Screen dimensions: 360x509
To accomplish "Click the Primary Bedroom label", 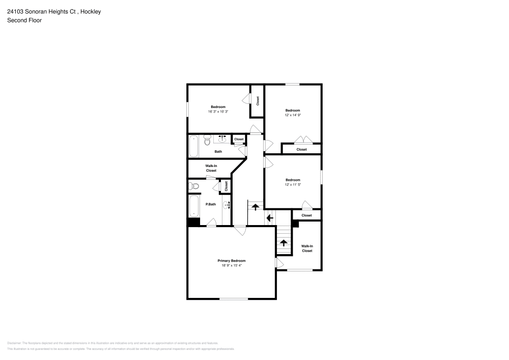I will (232, 261).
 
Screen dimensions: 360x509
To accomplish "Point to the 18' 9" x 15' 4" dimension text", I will (232, 265).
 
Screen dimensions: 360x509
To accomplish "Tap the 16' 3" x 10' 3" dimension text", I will (218, 112).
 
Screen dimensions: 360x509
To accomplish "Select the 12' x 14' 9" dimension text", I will (293, 115).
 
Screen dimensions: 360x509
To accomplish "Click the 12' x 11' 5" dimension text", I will (293, 184).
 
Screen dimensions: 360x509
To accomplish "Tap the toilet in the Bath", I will (207, 139).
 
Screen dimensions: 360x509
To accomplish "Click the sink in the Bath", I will (222, 138).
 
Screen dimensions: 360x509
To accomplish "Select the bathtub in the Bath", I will (194, 147).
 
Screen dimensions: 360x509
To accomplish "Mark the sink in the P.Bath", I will (227, 205).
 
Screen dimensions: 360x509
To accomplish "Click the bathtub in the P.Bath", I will (194, 206).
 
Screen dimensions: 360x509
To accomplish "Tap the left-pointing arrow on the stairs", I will (270, 218).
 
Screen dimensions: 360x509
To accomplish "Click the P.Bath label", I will (211, 205).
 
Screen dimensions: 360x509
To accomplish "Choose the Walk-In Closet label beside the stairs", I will (307, 248).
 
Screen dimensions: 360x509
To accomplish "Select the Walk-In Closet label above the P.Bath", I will (211, 168).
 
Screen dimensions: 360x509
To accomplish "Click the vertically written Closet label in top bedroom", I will (258, 101).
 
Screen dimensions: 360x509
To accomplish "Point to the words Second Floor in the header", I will (24, 20).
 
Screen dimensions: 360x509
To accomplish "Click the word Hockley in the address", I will (91, 11).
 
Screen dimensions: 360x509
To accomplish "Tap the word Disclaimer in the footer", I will (14, 343).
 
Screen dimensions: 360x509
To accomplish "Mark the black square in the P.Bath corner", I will (193, 222).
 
